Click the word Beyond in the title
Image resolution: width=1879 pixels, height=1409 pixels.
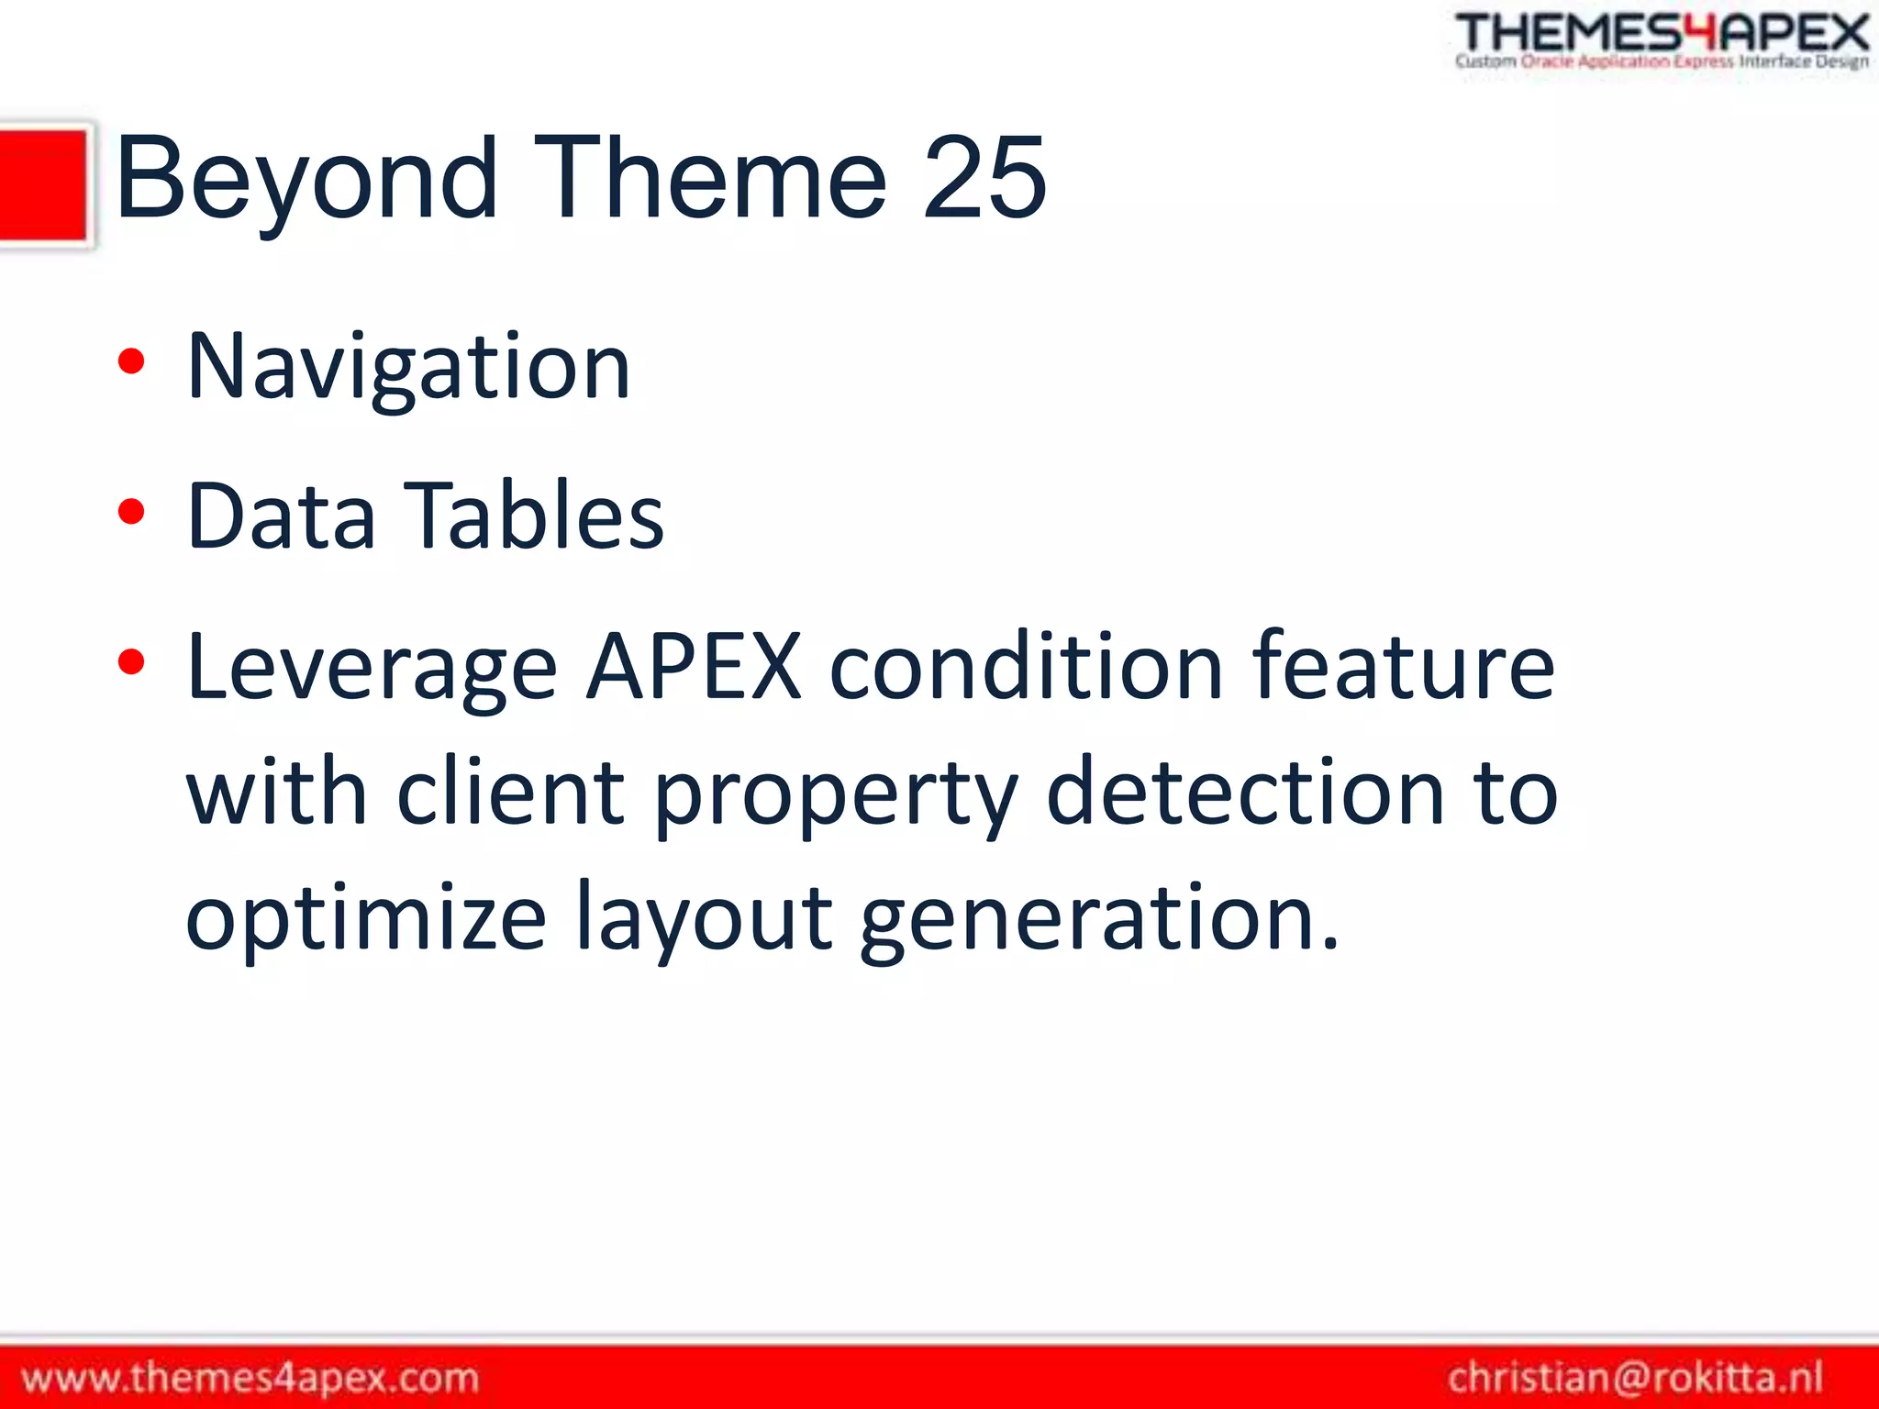click(x=306, y=179)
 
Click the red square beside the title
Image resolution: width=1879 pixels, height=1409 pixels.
click(x=43, y=185)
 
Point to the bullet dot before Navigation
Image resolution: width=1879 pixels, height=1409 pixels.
click(x=131, y=361)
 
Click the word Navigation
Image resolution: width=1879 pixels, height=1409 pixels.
click(x=408, y=368)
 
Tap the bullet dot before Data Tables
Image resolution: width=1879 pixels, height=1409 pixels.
click(x=131, y=511)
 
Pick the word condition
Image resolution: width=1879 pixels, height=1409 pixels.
click(x=1026, y=667)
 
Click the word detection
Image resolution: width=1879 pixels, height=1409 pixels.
click(x=1245, y=793)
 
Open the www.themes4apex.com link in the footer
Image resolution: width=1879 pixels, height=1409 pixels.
click(x=250, y=1378)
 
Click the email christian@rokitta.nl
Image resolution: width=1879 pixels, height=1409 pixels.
click(x=1635, y=1378)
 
